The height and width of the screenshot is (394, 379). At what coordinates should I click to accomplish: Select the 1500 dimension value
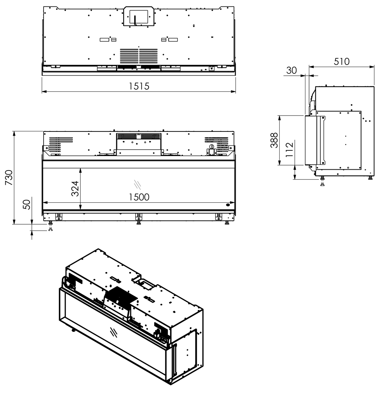(138, 197)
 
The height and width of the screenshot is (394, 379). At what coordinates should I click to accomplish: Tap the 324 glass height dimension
(75, 189)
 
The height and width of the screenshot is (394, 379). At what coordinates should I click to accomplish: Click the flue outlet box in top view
(138, 17)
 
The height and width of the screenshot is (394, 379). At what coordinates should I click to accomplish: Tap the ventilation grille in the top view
(139, 56)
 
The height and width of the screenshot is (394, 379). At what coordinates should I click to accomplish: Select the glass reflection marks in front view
(138, 184)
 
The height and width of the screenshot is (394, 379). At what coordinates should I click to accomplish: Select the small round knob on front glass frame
(227, 205)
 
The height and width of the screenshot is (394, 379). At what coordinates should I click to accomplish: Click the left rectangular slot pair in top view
(108, 40)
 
